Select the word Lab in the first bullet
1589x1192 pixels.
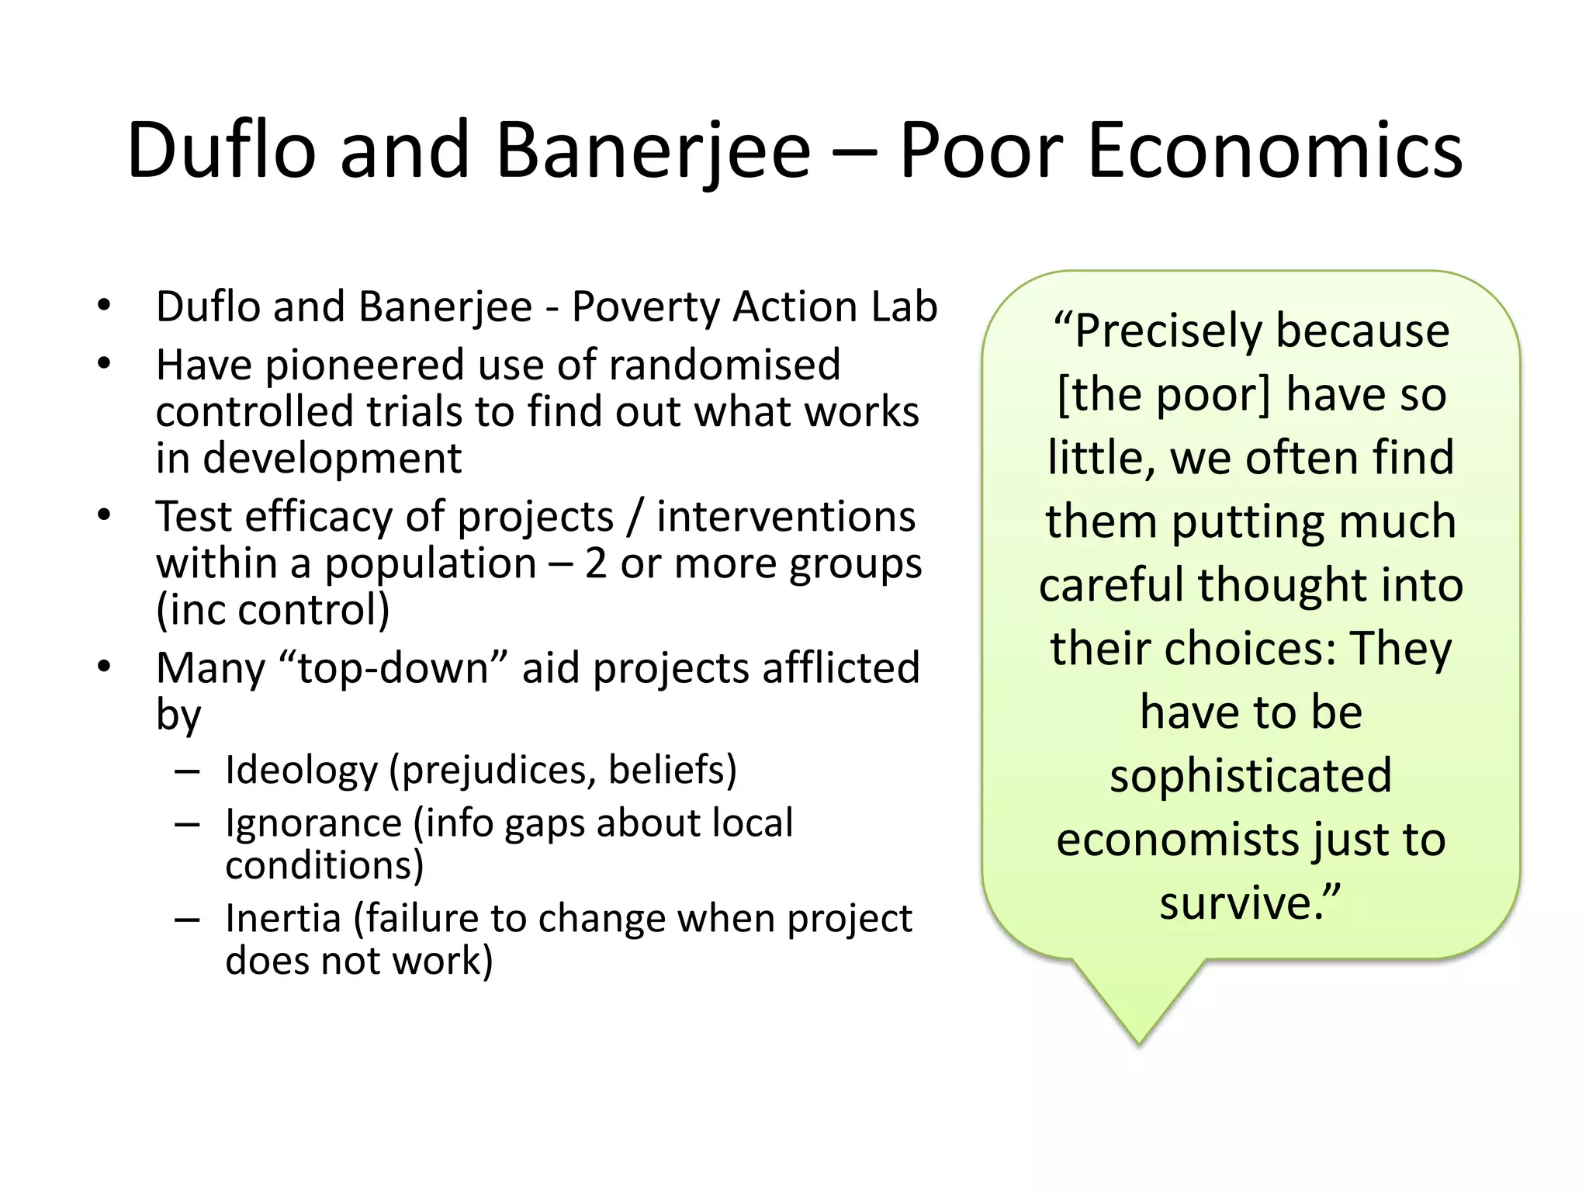[x=904, y=307]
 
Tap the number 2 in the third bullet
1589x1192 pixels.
[x=595, y=563]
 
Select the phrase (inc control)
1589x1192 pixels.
[x=273, y=610]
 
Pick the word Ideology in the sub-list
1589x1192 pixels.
[x=301, y=771]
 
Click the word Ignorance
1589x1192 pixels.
[x=313, y=823]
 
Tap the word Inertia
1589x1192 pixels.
[x=283, y=919]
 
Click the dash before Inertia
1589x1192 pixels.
[x=187, y=920]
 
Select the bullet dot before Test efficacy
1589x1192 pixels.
[x=105, y=515]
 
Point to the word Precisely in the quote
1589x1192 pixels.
[x=1172, y=331]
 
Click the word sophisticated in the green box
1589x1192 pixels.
[x=1251, y=776]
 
